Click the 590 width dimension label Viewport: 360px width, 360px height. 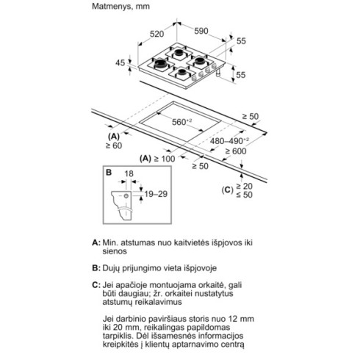click(201, 31)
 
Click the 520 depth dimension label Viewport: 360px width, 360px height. click(156, 34)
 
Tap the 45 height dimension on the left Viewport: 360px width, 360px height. click(120, 63)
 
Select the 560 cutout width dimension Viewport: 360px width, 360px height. click(181, 122)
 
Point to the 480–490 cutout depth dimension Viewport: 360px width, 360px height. click(229, 141)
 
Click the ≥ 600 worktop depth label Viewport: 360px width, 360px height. click(236, 151)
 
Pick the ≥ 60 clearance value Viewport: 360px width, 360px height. click(114, 145)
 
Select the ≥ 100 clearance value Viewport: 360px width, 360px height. click(165, 159)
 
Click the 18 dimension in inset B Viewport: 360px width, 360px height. click(129, 174)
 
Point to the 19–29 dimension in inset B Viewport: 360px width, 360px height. click(156, 194)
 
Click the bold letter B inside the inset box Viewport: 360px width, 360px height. click(109, 173)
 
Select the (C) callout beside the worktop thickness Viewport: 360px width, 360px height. click(227, 190)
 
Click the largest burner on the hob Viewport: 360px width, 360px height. click(160, 63)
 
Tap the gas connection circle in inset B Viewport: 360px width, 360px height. click(126, 196)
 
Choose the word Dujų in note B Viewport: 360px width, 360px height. click(111, 268)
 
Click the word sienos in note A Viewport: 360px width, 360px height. click(115, 251)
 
